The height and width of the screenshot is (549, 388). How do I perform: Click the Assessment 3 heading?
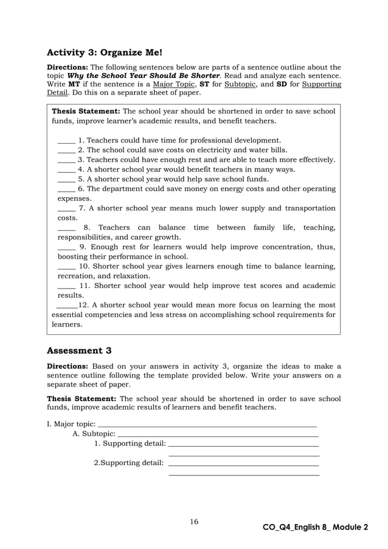pos(83,351)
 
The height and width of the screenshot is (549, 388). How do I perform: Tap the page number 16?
pos(194,522)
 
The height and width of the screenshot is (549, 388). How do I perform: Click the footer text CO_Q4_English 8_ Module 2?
pos(316,527)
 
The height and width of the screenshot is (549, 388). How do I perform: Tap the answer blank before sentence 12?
pos(66,306)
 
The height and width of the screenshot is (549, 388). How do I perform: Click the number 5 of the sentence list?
pos(81,179)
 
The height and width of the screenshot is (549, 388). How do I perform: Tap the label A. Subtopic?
pos(94,433)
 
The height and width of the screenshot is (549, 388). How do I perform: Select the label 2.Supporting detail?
pos(128,463)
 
